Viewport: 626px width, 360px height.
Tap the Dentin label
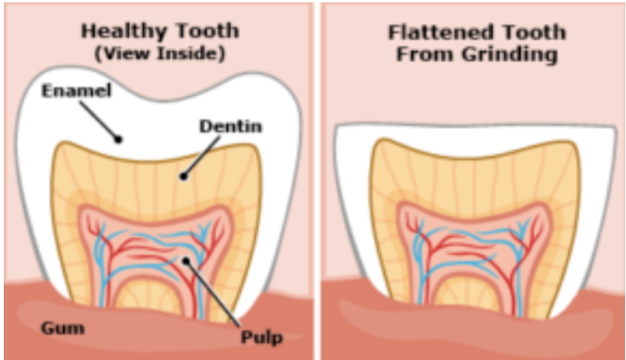pos(230,126)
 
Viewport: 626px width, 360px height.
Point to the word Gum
pos(63,328)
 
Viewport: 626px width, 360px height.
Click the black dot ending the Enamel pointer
pos(119,139)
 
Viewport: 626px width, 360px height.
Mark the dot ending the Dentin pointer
pos(184,176)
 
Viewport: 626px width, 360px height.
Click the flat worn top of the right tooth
pos(475,126)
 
